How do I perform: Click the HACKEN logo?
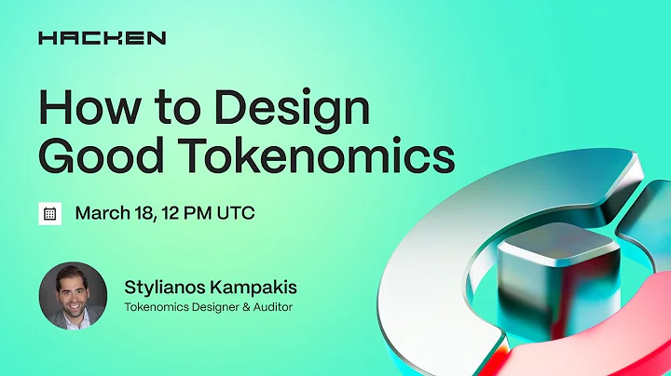102,38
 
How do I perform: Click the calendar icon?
49,212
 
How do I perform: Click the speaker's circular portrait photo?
73,295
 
